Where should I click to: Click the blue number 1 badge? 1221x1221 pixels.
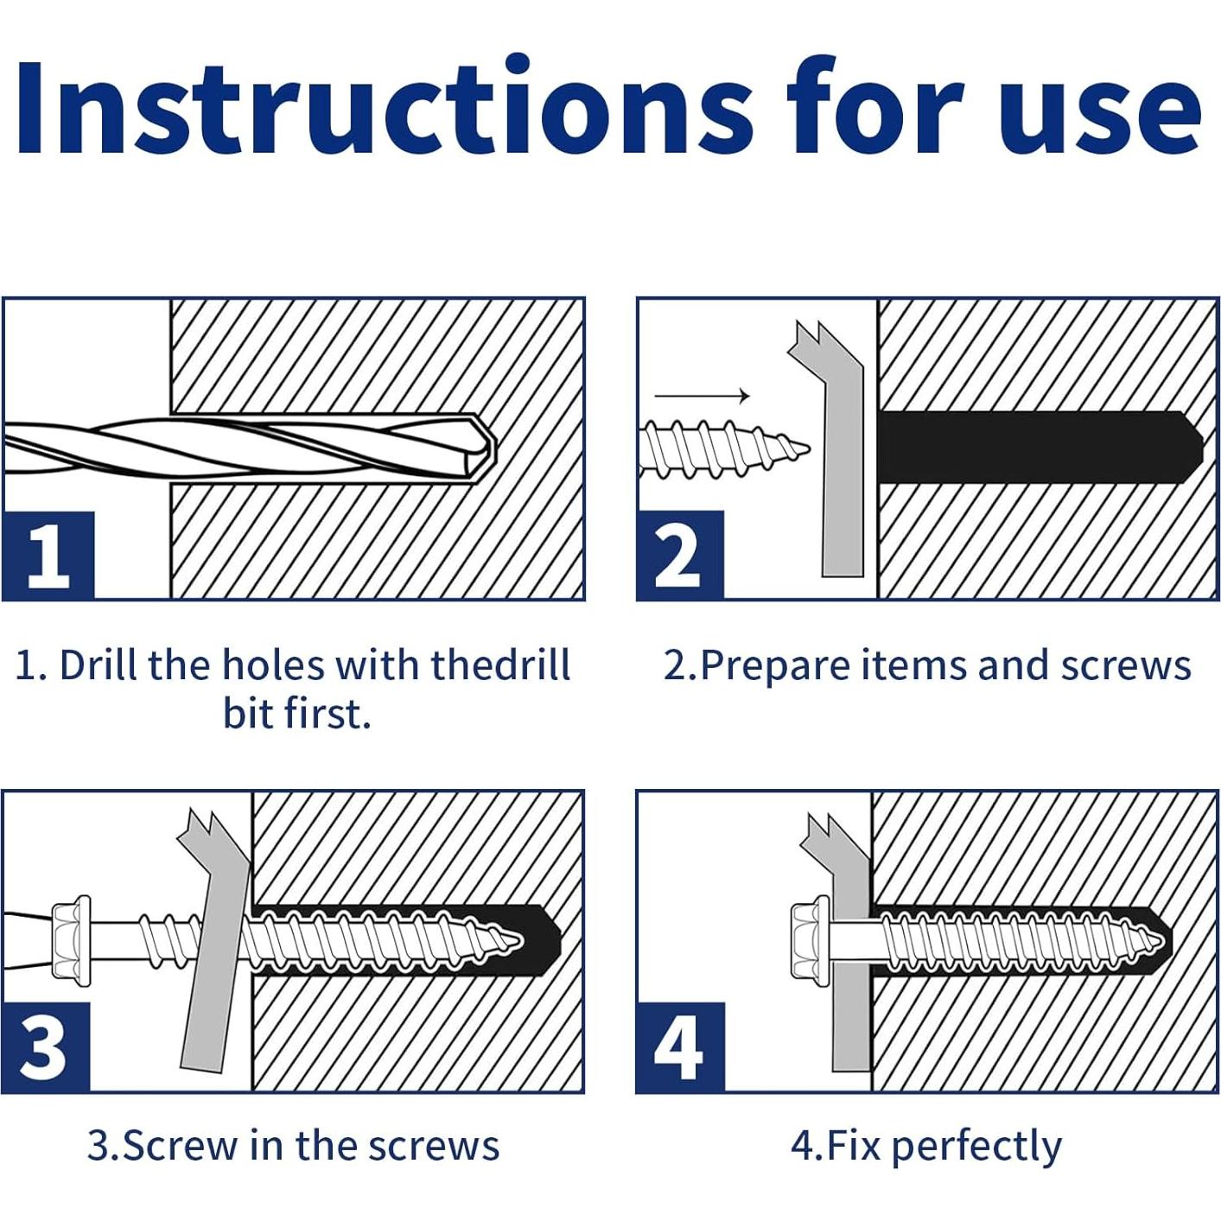tap(48, 555)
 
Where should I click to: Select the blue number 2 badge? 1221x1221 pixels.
tap(681, 555)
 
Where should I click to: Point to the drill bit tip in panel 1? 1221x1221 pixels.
tap(493, 451)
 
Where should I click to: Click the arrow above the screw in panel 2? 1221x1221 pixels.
tap(702, 396)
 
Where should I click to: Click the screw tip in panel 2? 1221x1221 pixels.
tap(807, 448)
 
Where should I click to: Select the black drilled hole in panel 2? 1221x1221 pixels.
tap(1040, 448)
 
